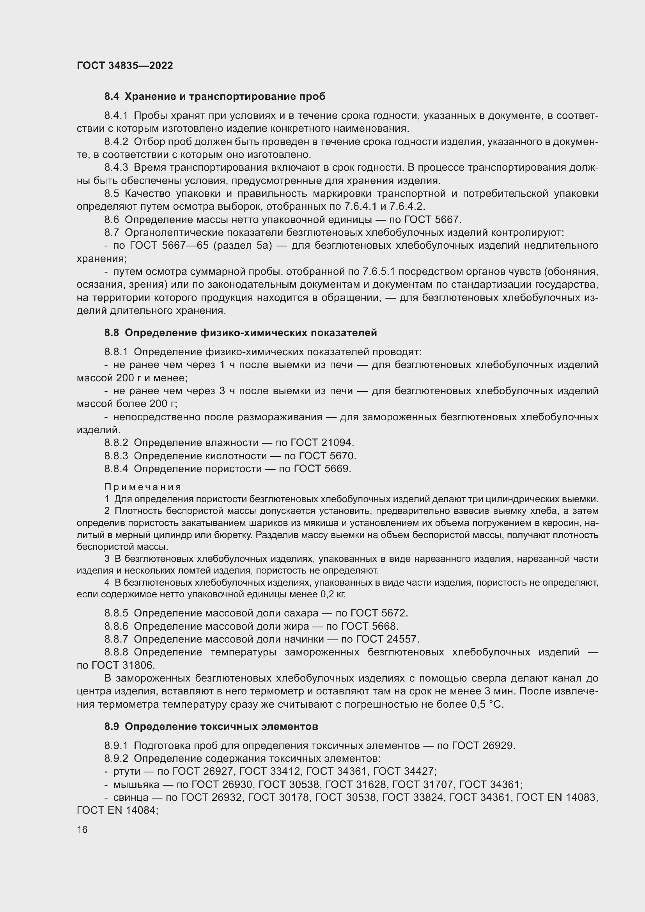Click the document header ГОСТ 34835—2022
coord(125,66)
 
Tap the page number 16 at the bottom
coord(82,829)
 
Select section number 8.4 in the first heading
coord(112,97)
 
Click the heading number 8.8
coord(112,333)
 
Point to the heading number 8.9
coord(112,726)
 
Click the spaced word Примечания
coord(143,487)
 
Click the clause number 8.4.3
coord(116,168)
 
